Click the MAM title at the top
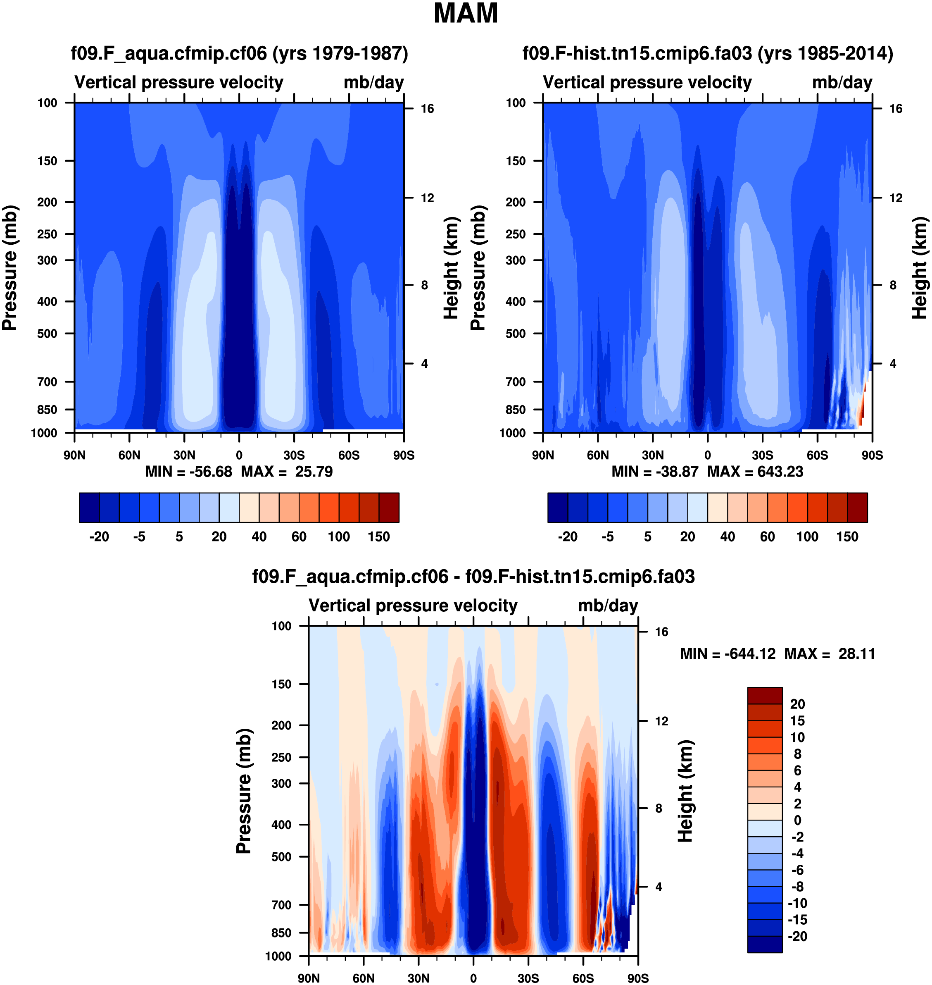pyautogui.click(x=466, y=13)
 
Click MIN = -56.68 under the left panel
pyautogui.click(x=188, y=472)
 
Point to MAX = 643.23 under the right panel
pyautogui.click(x=755, y=472)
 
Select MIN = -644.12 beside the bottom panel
pyautogui.click(x=728, y=653)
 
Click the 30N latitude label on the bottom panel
pyautogui.click(x=418, y=978)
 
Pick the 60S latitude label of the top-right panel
pyautogui.click(x=817, y=455)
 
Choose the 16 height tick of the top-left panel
pyautogui.click(x=427, y=109)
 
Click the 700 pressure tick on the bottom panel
pyautogui.click(x=281, y=905)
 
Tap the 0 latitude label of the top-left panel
pyautogui.click(x=239, y=455)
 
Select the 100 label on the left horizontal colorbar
pyautogui.click(x=339, y=537)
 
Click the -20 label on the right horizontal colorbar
pyautogui.click(x=567, y=537)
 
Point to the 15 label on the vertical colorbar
pyautogui.click(x=797, y=720)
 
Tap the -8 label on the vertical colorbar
pyautogui.click(x=797, y=887)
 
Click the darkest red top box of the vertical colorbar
pyautogui.click(x=765, y=695)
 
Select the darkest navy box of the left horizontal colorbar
pyautogui.click(x=89, y=508)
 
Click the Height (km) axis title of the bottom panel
pyautogui.click(x=686, y=791)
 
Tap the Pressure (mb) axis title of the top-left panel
pyautogui.click(x=10, y=268)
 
